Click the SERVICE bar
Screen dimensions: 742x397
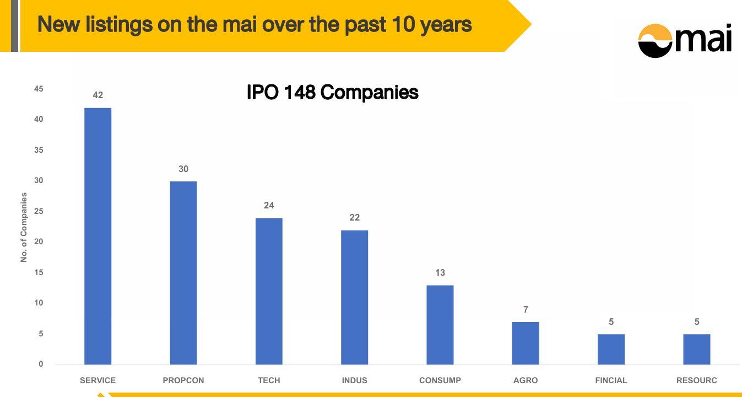tap(98, 236)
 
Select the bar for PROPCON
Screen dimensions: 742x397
tap(183, 273)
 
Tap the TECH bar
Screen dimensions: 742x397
tap(269, 291)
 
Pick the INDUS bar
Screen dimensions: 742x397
tap(354, 298)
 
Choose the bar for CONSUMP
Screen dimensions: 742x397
tap(440, 325)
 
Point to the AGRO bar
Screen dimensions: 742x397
tap(526, 344)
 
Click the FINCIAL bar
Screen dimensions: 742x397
tap(611, 350)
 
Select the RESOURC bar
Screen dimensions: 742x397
tap(697, 350)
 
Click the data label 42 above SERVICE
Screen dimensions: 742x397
tap(98, 95)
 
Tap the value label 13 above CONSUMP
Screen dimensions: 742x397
tap(440, 272)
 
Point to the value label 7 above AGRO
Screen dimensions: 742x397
tap(526, 309)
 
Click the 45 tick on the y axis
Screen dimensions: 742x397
tap(39, 89)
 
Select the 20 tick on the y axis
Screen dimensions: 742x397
tap(39, 242)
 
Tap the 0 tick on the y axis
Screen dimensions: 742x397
tap(41, 364)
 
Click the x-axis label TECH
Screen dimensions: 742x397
tap(269, 380)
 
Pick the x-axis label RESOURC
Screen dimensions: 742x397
tap(697, 380)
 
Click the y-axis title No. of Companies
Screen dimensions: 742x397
tap(24, 228)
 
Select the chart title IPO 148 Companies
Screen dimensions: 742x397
tap(333, 92)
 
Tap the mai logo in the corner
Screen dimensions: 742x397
tap(685, 40)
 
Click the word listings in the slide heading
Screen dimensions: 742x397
tap(119, 25)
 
